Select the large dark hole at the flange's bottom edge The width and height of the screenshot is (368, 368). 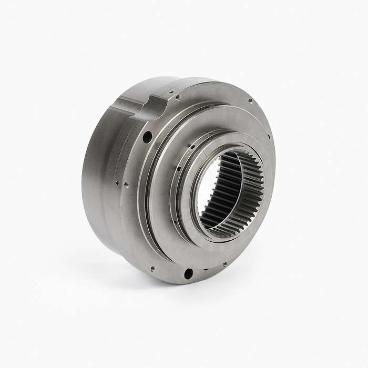[x=188, y=273]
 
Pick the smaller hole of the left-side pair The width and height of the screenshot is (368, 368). [x=116, y=183]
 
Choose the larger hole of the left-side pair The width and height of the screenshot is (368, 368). [x=126, y=185]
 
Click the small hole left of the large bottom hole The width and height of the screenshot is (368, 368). [x=152, y=268]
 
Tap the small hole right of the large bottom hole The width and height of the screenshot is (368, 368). [x=224, y=264]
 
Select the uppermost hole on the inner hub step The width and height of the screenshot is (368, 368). [x=193, y=146]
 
